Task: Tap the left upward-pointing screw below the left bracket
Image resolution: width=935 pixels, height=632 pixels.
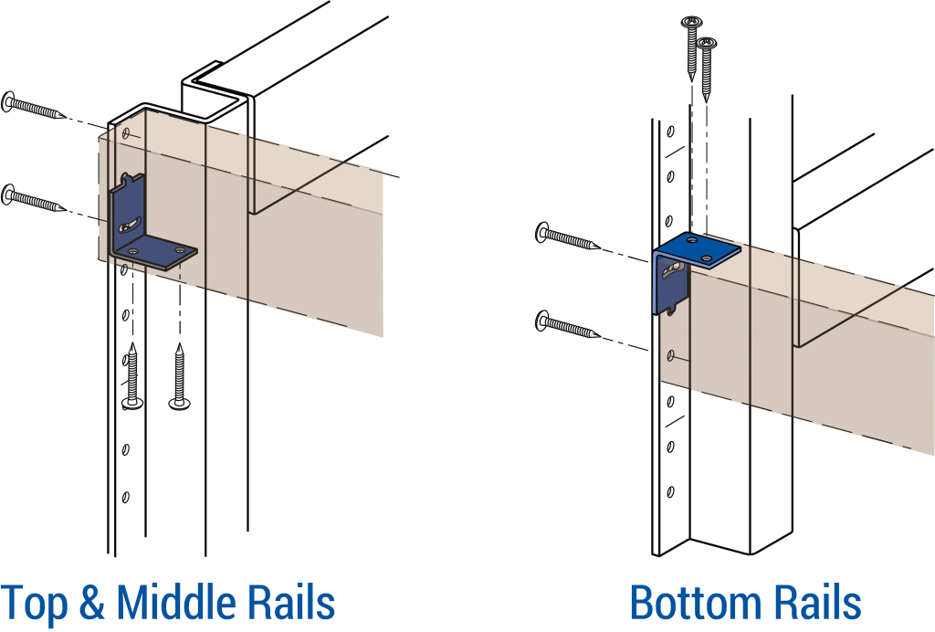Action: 133,375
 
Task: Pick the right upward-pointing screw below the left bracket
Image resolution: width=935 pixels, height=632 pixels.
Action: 180,375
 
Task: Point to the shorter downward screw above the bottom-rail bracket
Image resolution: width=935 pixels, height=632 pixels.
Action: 706,68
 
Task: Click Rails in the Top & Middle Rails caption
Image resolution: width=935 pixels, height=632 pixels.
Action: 292,603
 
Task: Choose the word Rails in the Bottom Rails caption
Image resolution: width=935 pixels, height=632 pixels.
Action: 817,603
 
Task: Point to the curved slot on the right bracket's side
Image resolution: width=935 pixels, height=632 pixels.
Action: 673,269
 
